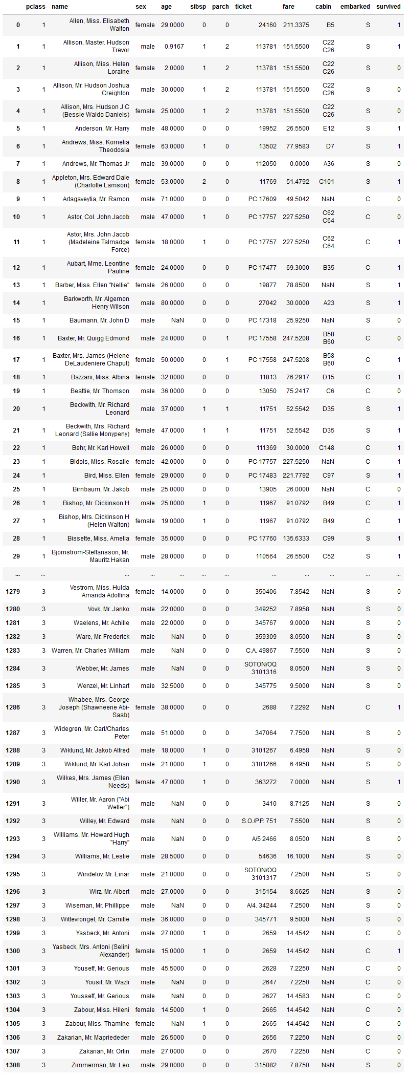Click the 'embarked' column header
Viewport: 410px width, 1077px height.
tap(355, 7)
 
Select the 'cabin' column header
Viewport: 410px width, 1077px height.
tap(323, 7)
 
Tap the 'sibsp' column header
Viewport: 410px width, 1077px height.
tap(198, 7)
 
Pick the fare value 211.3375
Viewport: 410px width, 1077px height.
tap(296, 25)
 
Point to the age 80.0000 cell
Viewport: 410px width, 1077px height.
tap(172, 303)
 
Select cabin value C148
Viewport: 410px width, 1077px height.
tap(327, 448)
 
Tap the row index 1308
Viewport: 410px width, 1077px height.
tap(13, 1065)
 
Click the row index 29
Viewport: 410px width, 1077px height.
tap(16, 556)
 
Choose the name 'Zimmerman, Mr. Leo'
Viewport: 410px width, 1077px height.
tap(100, 1065)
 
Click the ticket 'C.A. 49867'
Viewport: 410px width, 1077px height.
tap(261, 651)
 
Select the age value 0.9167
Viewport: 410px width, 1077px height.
tap(174, 47)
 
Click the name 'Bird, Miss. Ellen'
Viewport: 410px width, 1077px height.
tap(107, 476)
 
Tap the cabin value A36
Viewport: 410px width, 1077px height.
tap(329, 164)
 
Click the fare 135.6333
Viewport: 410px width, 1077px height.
tap(296, 538)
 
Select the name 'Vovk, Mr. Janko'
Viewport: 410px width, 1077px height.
tap(108, 609)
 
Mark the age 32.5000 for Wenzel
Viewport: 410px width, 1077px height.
tap(172, 686)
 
